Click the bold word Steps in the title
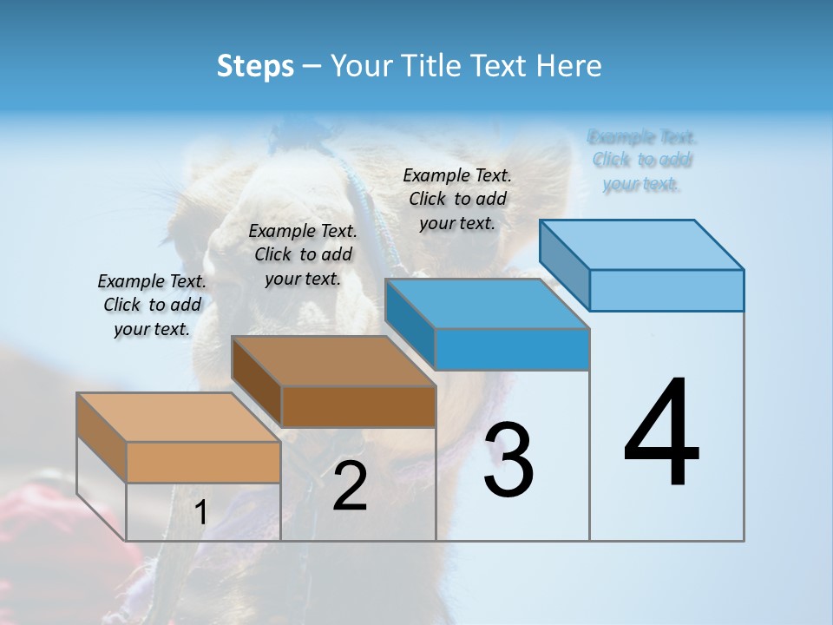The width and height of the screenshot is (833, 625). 255,66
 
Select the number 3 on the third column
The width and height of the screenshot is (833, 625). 508,459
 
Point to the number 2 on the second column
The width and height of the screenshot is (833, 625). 350,486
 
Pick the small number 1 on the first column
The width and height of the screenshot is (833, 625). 200,513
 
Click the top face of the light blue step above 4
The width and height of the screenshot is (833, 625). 642,244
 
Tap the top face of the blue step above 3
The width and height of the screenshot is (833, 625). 488,304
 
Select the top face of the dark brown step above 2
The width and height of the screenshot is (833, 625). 334,360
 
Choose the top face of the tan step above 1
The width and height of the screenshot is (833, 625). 179,418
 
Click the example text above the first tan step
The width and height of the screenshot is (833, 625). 152,305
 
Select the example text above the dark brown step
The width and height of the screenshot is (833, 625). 303,254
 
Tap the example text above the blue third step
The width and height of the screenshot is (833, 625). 457,199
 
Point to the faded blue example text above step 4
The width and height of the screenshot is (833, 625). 642,160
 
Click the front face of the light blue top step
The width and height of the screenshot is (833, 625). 666,290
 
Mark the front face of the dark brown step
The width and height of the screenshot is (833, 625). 358,406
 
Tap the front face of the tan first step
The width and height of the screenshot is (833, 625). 203,462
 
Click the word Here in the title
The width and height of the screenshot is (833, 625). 570,66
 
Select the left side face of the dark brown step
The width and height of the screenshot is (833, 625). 257,382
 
